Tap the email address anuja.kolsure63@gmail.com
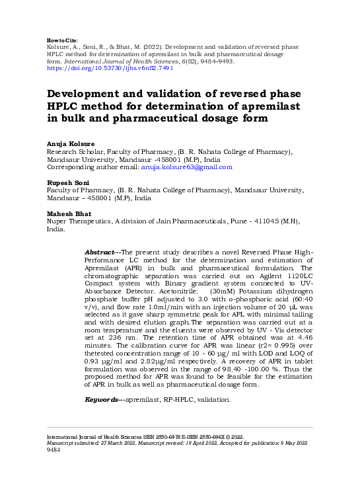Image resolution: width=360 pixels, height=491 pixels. [x=188, y=167]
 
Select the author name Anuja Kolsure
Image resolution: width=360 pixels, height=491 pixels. [x=70, y=143]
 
